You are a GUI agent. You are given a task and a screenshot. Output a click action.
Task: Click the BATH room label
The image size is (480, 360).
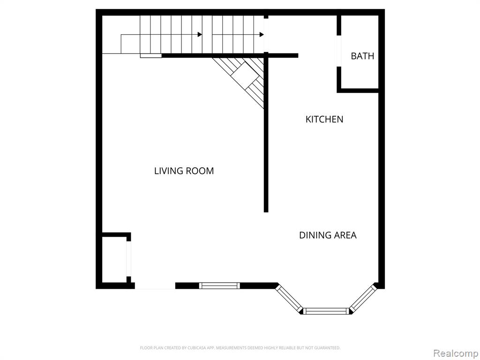(x=362, y=56)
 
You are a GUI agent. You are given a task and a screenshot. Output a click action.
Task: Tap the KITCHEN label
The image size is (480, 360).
(x=324, y=119)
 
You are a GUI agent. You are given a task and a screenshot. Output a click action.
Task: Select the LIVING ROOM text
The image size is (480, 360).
(x=184, y=171)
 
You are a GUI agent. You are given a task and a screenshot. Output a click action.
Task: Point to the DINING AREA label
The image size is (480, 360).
(x=328, y=235)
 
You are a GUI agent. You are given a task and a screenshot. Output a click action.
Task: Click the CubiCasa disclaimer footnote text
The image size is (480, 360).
(x=240, y=348)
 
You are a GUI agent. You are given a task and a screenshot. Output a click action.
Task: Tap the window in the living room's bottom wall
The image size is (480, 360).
(x=219, y=285)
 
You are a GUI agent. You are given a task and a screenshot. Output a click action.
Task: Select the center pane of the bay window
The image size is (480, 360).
(x=326, y=311)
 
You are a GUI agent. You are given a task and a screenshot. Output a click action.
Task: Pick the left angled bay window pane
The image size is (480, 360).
(x=289, y=299)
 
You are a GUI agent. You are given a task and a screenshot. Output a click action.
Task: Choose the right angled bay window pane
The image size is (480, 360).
(x=363, y=299)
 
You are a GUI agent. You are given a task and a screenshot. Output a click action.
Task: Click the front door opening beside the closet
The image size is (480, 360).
(x=155, y=286)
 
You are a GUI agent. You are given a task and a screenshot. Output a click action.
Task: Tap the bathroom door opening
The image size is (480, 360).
(x=339, y=51)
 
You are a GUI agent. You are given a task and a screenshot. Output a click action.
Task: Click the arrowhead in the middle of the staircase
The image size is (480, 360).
(x=200, y=34)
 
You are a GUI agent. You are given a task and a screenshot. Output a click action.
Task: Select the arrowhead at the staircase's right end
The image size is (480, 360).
(x=262, y=34)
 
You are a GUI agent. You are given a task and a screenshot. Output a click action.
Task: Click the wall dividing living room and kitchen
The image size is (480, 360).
(x=266, y=132)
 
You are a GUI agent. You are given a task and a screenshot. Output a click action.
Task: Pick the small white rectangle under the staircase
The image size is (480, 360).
(x=151, y=56)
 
